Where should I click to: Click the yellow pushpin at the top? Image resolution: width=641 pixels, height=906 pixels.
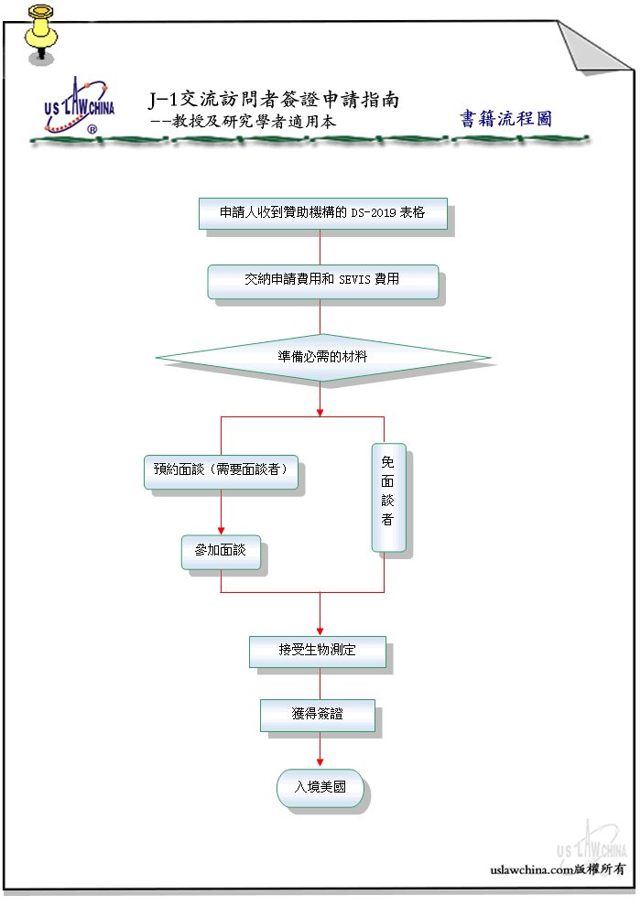[x=40, y=34]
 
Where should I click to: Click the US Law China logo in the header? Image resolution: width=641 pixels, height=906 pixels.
[x=79, y=106]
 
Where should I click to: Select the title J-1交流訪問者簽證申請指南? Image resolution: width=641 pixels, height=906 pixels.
[x=274, y=100]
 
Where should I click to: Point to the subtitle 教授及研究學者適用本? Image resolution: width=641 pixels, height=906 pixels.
[x=254, y=122]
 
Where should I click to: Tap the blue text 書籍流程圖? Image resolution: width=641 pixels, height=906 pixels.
[x=505, y=118]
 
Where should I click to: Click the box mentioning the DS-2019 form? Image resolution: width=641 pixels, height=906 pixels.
[x=323, y=213]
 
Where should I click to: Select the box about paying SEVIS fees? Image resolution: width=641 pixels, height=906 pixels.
[x=323, y=281]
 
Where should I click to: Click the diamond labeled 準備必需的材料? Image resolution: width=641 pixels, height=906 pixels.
[x=323, y=358]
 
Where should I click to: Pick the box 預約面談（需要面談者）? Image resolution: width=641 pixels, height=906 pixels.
[x=221, y=472]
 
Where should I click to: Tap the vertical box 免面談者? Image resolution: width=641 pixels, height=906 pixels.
[x=388, y=498]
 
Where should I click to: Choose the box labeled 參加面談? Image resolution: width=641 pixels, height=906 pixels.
[x=221, y=553]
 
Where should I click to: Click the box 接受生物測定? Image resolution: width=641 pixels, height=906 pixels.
[x=318, y=652]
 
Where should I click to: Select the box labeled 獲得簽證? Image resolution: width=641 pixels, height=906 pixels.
[x=318, y=716]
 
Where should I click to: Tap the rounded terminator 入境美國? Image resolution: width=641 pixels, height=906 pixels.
[x=320, y=788]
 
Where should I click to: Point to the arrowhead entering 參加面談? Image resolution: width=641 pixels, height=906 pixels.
[x=221, y=531]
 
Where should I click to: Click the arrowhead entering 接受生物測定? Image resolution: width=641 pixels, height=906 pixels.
[x=320, y=632]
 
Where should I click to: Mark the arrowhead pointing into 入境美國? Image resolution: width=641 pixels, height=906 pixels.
[x=320, y=763]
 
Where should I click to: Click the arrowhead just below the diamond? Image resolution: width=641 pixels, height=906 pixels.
[x=320, y=413]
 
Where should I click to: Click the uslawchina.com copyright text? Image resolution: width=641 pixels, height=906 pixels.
[x=558, y=869]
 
